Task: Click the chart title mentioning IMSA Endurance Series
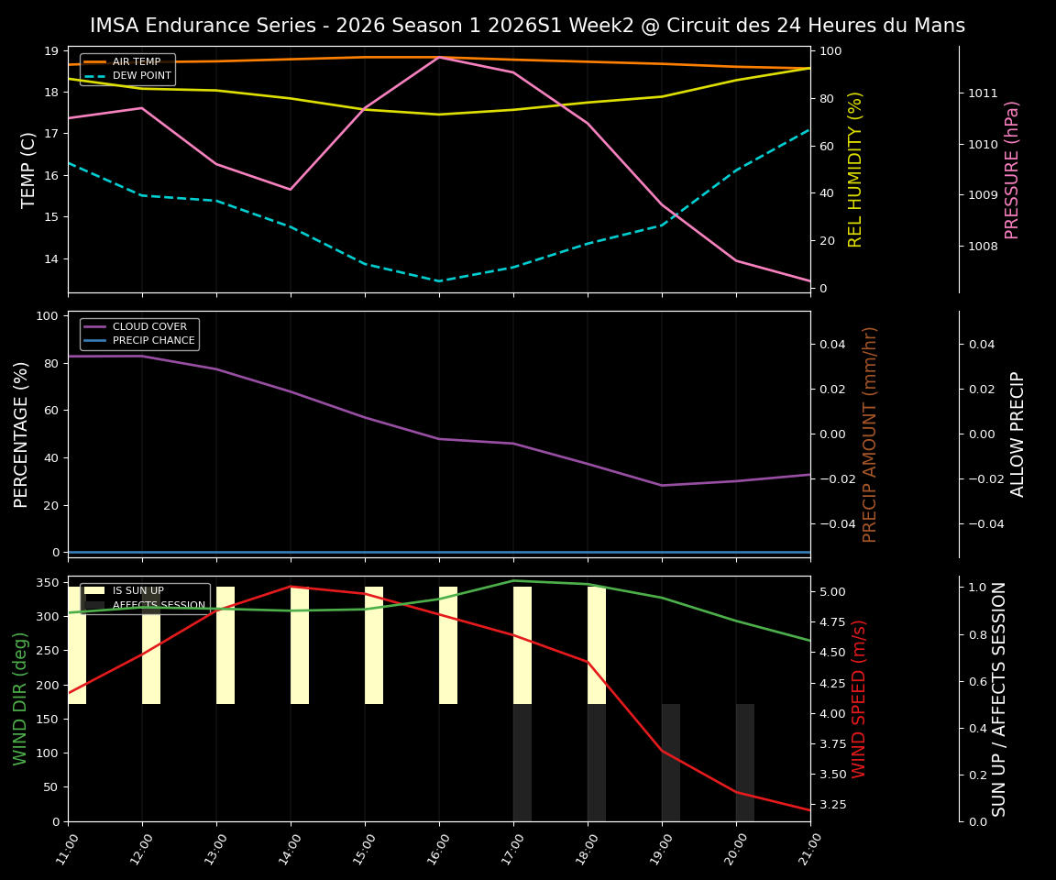click(527, 26)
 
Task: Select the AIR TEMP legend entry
click(136, 61)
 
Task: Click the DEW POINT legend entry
click(141, 75)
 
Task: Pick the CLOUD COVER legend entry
click(149, 326)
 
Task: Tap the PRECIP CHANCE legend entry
click(153, 341)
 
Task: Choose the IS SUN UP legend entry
click(137, 591)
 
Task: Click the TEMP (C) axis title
click(29, 170)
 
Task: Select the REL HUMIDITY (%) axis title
click(856, 170)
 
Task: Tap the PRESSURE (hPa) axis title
click(1012, 170)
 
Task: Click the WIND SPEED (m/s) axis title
click(859, 698)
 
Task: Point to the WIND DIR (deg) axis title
click(20, 698)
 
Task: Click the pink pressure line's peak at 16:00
click(439, 57)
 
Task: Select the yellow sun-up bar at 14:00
click(300, 645)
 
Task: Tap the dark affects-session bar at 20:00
click(745, 762)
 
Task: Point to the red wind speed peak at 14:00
click(291, 587)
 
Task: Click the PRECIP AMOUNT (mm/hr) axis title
click(870, 434)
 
